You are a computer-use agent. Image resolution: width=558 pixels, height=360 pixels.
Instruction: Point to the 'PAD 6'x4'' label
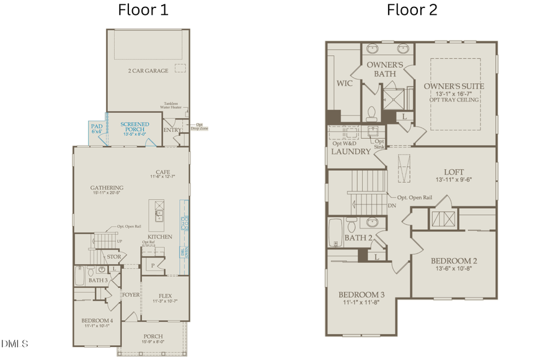(x=96, y=128)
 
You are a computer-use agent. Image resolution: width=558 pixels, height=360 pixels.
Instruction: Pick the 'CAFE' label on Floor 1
(x=163, y=172)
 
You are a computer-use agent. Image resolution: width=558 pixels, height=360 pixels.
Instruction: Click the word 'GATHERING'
(x=107, y=188)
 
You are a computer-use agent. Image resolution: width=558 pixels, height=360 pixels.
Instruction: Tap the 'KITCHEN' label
(x=159, y=237)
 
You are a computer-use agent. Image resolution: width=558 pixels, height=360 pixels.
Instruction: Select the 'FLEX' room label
(x=165, y=296)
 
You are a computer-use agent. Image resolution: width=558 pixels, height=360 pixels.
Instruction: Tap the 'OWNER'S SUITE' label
(x=454, y=86)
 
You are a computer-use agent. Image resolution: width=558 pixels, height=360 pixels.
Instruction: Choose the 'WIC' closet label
(x=345, y=82)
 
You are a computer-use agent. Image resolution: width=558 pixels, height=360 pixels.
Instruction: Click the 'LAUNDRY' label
(x=350, y=152)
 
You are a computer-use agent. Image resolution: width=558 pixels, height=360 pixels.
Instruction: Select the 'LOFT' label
(x=454, y=172)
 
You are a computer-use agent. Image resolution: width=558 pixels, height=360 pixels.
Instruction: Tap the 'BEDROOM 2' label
(x=454, y=261)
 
